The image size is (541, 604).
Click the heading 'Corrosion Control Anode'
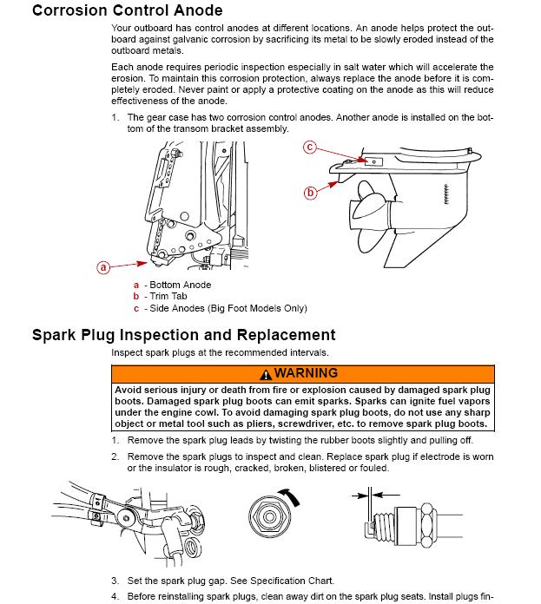pos(127,11)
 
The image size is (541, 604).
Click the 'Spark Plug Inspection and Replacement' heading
pos(183,335)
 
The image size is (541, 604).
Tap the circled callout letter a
pos(103,268)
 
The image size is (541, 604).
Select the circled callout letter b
pos(310,193)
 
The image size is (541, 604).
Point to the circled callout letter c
pos(309,148)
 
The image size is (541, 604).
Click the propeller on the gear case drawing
pos(370,208)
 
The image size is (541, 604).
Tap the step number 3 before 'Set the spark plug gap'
pos(115,581)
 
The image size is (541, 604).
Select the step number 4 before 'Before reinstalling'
pos(115,596)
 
